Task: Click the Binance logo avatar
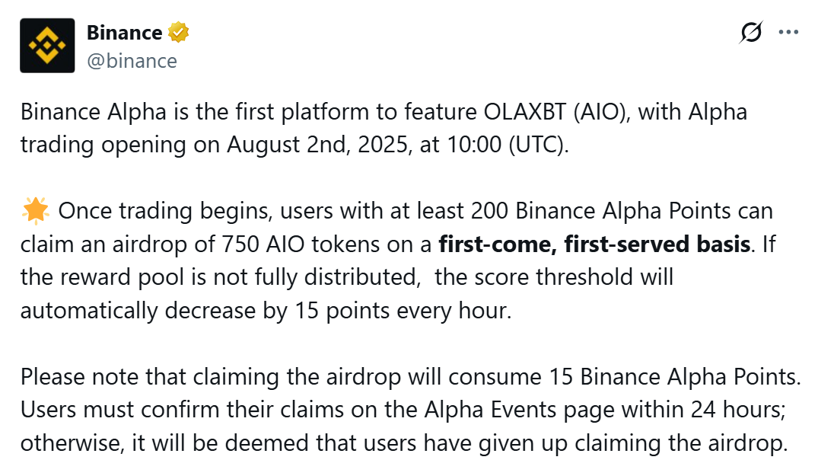click(47, 46)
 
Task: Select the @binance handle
click(132, 61)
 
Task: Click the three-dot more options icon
click(788, 32)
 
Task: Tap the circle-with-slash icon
click(751, 32)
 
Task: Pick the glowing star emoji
click(35, 211)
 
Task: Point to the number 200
click(491, 211)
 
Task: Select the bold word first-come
click(493, 244)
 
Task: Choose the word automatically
click(91, 311)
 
